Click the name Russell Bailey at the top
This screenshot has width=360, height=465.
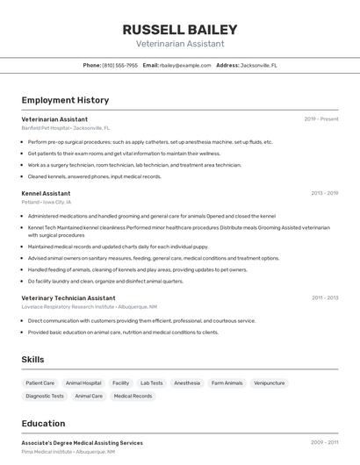(180, 29)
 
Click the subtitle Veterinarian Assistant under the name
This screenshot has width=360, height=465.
(180, 44)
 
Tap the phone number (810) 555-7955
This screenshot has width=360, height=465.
(120, 65)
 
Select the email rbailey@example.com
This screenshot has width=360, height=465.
(186, 65)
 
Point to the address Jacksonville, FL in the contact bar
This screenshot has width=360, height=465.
(259, 65)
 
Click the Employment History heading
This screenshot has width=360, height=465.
(65, 100)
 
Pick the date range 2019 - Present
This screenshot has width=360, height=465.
(321, 118)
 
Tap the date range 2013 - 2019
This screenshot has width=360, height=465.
(324, 192)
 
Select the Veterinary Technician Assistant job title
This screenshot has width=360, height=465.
(68, 297)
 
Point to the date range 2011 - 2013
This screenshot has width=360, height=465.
(325, 297)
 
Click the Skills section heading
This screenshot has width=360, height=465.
(32, 360)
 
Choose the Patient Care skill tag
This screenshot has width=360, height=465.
(40, 383)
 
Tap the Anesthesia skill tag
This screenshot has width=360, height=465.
(187, 383)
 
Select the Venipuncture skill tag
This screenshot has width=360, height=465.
(270, 383)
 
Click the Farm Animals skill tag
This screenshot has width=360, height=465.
(227, 383)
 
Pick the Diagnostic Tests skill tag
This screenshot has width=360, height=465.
(45, 397)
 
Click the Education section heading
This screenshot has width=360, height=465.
(43, 423)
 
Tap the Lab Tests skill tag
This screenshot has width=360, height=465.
(152, 383)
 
